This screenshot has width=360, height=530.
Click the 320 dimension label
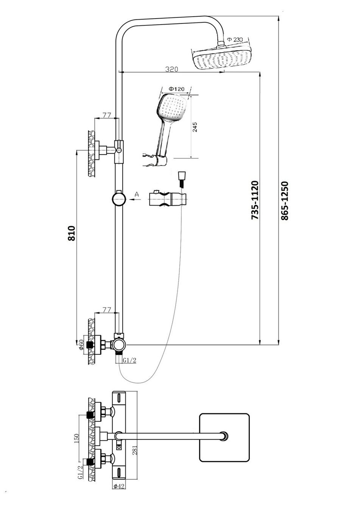pos(172,69)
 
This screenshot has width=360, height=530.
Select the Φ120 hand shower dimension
pos(176,89)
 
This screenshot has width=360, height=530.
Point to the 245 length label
pos(195,127)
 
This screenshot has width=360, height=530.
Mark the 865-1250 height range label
pos(285,201)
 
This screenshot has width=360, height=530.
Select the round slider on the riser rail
pos(119,199)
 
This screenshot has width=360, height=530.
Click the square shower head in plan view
pos(224,437)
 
